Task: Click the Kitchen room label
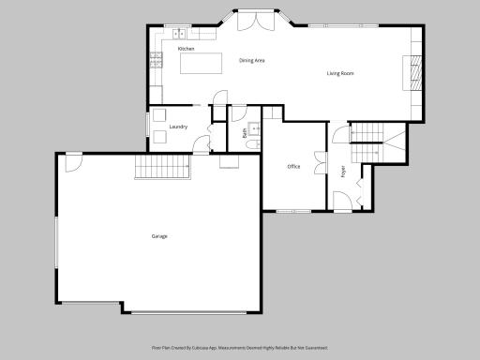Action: pos(186,48)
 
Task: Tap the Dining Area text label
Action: pos(252,60)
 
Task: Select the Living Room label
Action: pos(339,73)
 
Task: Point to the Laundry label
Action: pos(180,126)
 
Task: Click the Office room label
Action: pos(293,167)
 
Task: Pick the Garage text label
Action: pos(159,236)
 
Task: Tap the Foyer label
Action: pos(343,172)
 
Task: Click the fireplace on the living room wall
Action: pos(412,73)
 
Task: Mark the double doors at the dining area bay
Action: pos(250,20)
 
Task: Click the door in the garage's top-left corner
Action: pos(73,161)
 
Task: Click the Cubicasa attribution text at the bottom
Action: pos(239,347)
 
